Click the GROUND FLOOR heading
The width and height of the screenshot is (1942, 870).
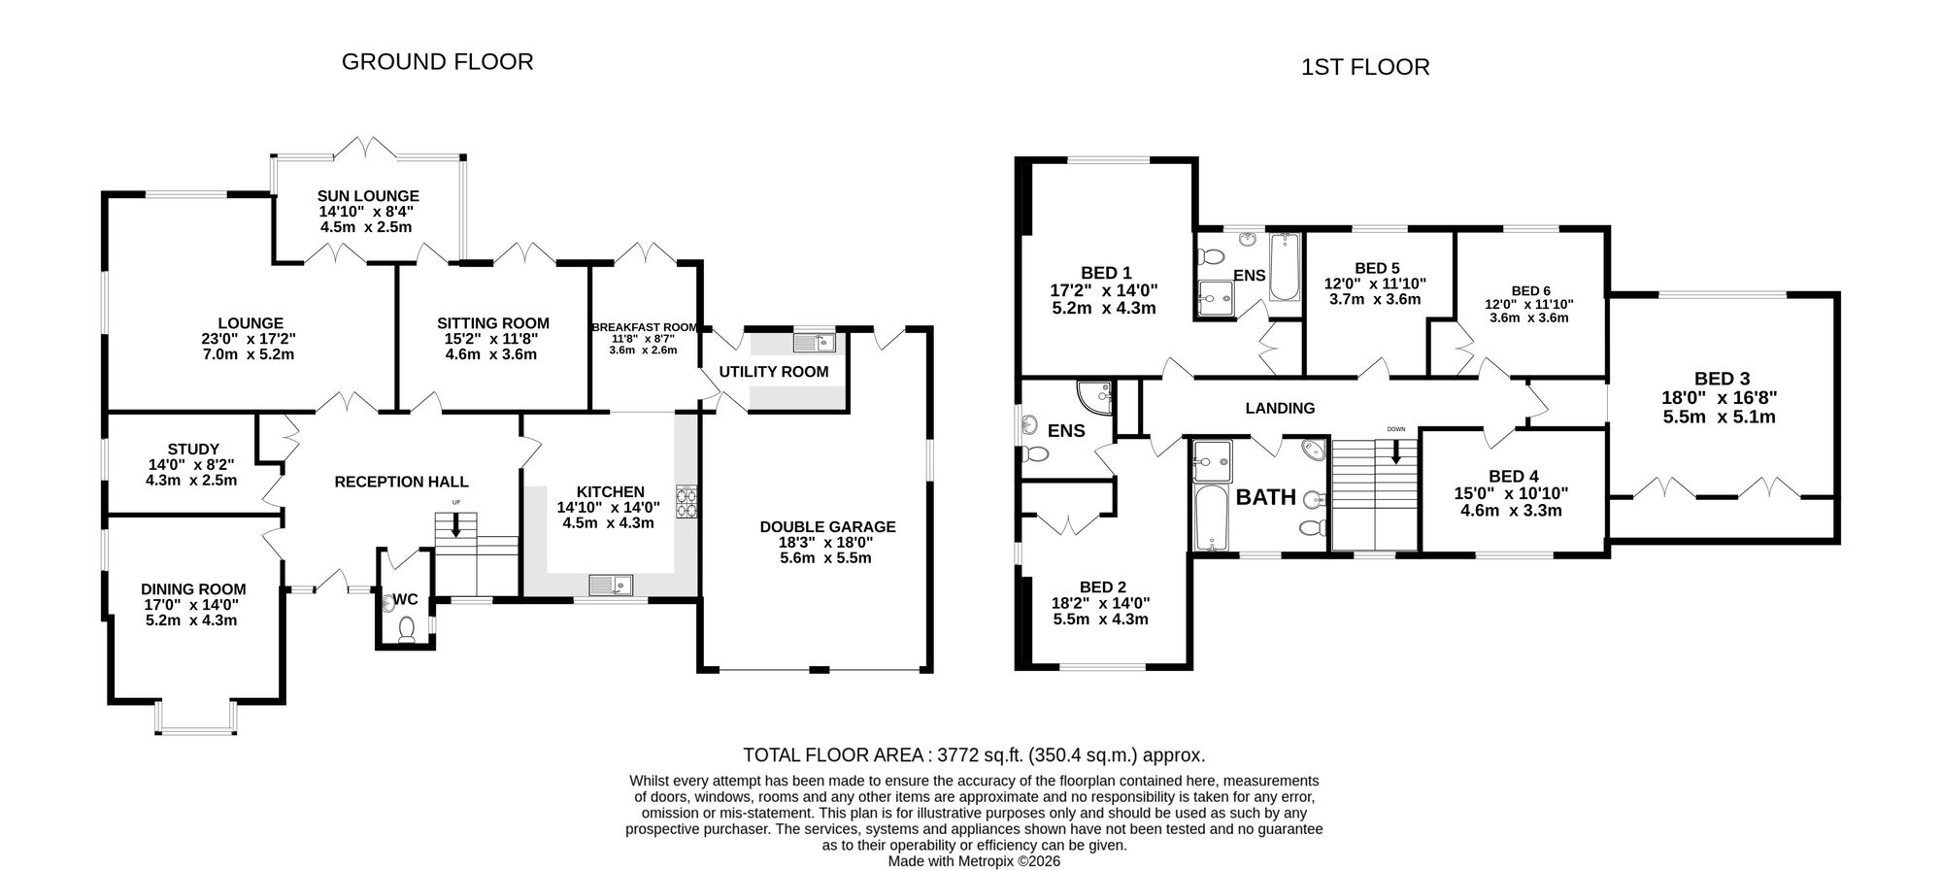pos(438,62)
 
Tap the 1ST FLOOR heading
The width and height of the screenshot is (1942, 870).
pos(1365,67)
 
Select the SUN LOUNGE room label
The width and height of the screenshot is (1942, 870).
pos(368,196)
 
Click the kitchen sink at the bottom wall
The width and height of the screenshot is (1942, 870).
pos(611,585)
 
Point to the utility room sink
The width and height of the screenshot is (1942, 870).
pos(814,342)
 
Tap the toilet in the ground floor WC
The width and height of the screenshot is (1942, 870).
pos(407,630)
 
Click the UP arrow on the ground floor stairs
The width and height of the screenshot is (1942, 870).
pos(455,525)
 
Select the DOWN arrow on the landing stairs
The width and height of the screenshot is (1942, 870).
pos(1396,451)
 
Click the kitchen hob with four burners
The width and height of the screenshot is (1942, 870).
pos(688,501)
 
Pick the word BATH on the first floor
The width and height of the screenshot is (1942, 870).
pos(1266,497)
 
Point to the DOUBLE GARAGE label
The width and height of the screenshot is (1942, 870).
pos(828,527)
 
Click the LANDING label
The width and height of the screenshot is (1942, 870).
pos(1281,409)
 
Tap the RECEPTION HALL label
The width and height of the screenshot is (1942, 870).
pos(402,482)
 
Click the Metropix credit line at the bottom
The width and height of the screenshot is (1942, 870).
pos(974,860)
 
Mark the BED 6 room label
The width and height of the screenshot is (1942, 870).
pos(1531,291)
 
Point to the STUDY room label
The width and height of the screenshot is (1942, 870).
pos(193,450)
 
